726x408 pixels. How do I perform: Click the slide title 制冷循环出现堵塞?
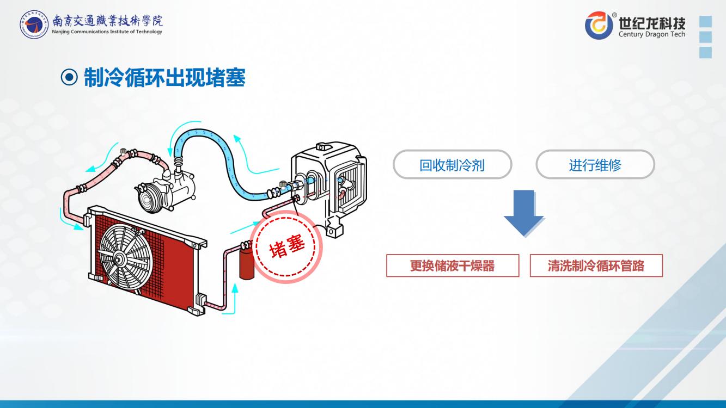point(164,78)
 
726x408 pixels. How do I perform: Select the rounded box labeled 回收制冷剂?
point(452,165)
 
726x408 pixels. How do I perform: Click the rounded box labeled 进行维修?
point(595,165)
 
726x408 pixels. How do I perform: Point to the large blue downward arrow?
point(524,213)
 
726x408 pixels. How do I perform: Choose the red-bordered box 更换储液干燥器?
point(453,265)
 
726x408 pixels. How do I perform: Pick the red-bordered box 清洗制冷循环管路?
point(596,265)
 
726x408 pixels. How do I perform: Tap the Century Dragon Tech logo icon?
point(599,26)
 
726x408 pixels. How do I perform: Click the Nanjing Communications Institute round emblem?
point(34,24)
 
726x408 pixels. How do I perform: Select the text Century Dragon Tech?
point(652,34)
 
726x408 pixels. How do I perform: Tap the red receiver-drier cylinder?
point(247,264)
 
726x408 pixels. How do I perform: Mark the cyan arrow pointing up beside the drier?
point(235,297)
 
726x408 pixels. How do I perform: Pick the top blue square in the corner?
point(705,22)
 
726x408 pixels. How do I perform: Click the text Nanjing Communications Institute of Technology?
point(107,32)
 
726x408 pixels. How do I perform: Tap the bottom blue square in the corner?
point(705,52)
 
